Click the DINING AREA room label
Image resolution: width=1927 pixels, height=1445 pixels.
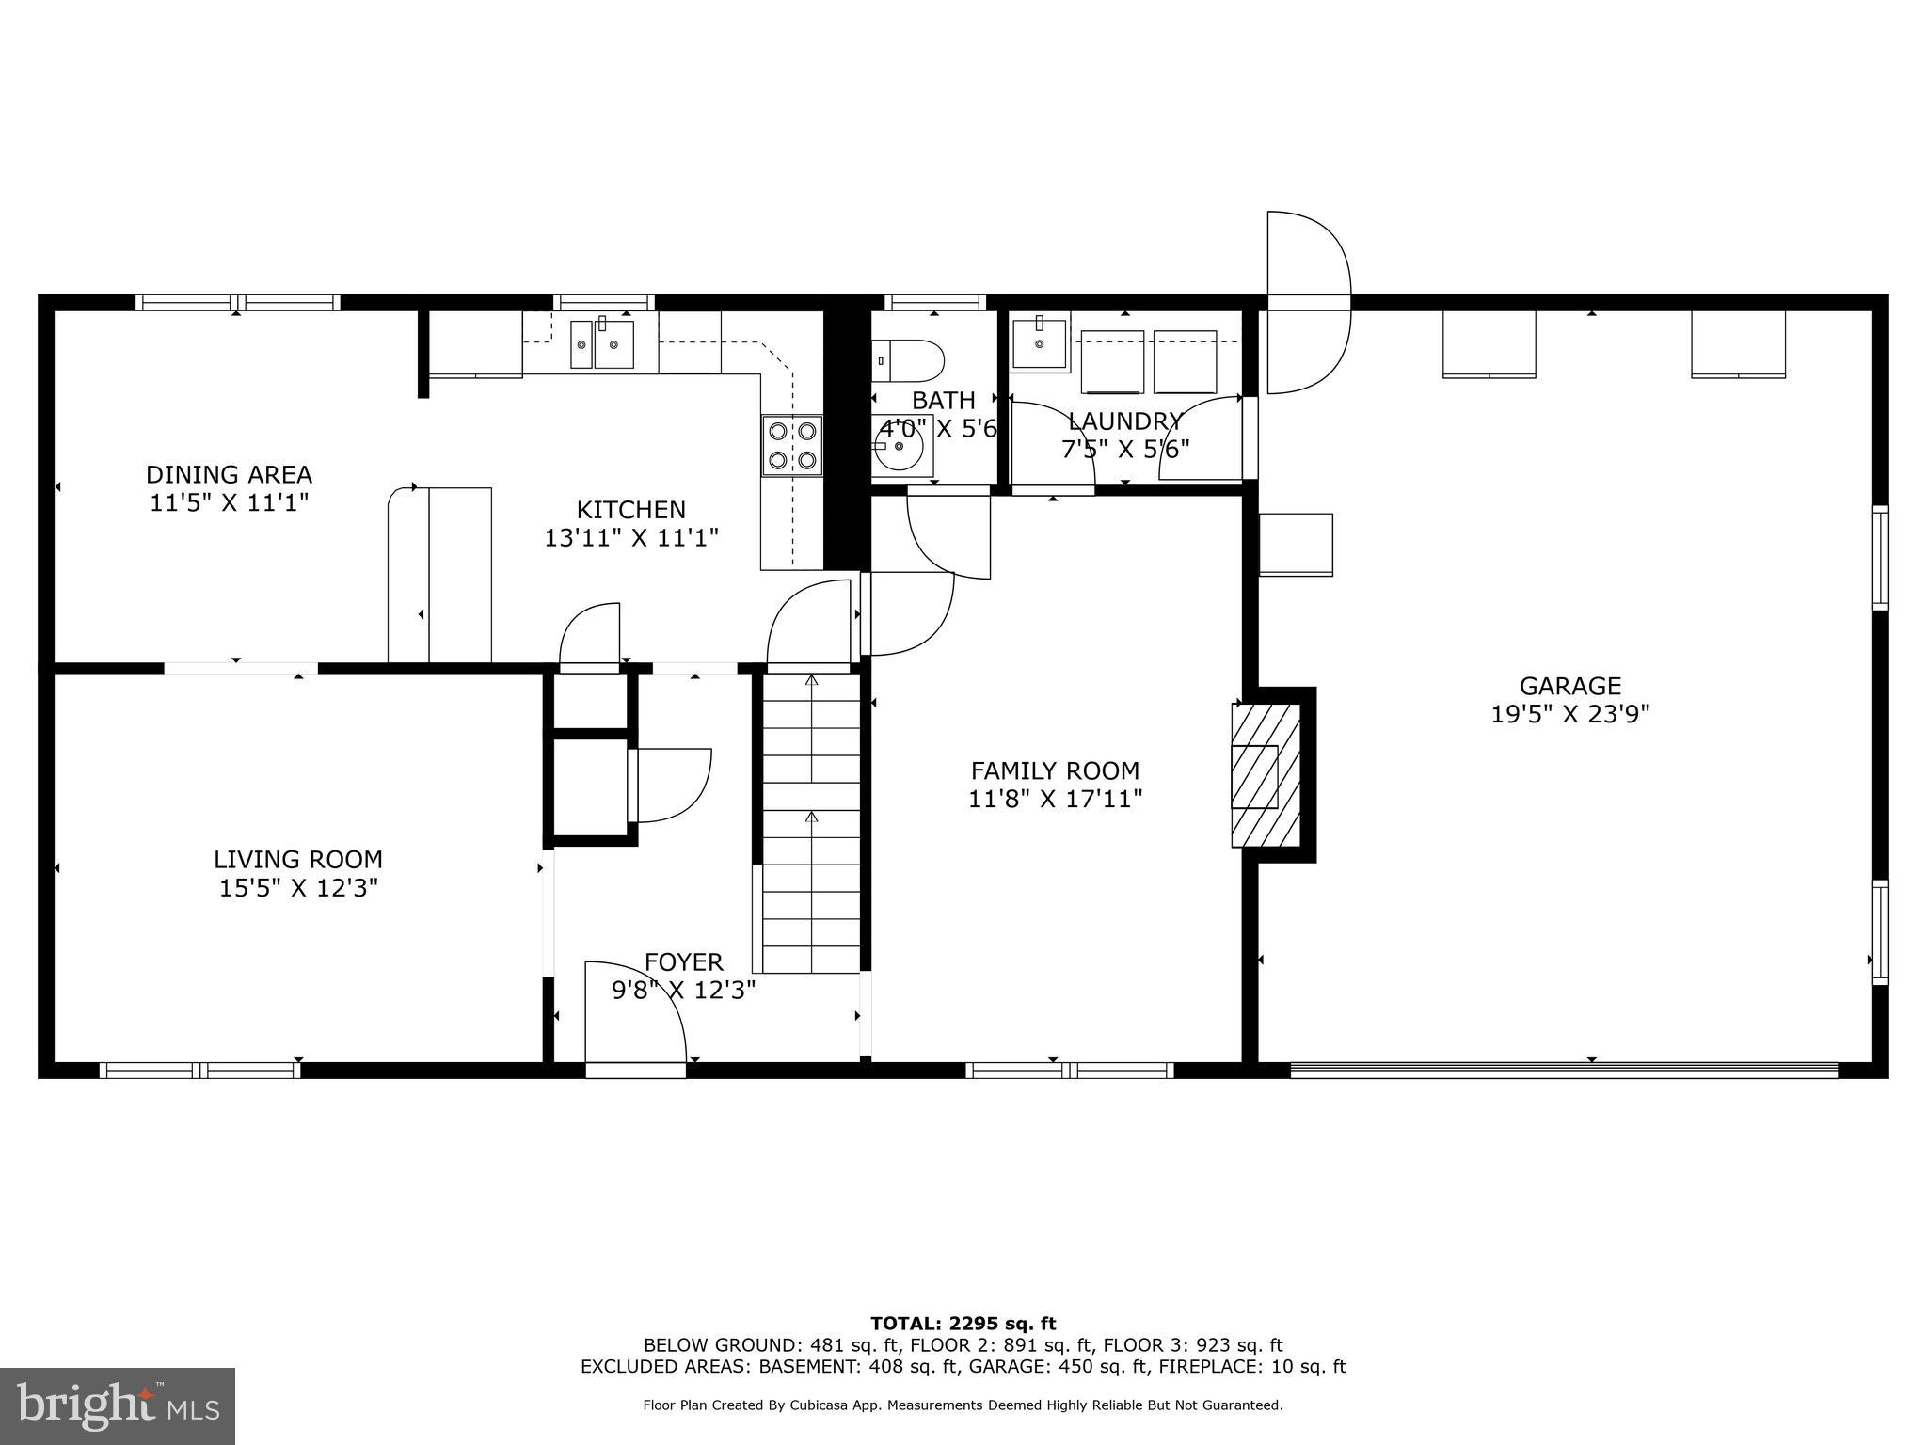click(229, 474)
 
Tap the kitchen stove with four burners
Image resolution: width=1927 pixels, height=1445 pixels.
click(792, 446)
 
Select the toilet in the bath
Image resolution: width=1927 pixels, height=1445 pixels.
click(908, 358)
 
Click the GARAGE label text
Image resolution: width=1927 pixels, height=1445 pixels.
click(1569, 686)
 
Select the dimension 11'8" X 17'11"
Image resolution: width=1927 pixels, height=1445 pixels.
click(1055, 800)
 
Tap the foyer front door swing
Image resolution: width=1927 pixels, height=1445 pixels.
click(635, 1014)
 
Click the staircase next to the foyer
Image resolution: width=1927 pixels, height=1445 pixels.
click(811, 823)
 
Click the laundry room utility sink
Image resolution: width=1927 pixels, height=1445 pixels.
click(1039, 344)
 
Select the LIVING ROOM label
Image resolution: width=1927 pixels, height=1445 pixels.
click(297, 859)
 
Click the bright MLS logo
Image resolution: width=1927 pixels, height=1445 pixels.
click(118, 1406)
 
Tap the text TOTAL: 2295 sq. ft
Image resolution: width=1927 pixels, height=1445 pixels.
click(963, 1324)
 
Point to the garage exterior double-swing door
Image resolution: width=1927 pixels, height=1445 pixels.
click(1308, 302)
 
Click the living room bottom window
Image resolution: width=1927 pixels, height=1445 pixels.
click(199, 1070)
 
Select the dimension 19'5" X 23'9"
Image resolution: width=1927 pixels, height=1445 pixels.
click(1569, 715)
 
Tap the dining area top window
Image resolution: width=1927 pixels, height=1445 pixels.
click(237, 302)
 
